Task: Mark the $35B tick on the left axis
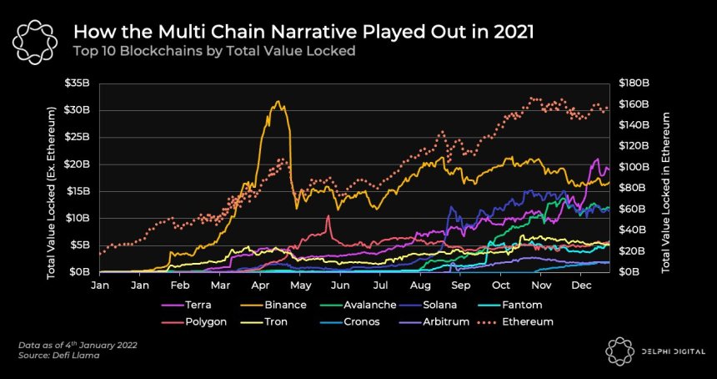80,83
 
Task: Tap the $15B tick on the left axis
80,191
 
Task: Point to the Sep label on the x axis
460,285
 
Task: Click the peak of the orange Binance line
277,102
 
